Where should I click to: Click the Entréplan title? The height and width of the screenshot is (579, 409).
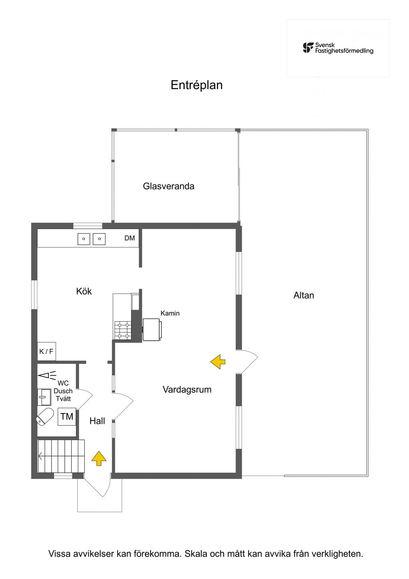[197, 85]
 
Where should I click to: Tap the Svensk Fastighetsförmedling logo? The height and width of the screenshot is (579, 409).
[338, 48]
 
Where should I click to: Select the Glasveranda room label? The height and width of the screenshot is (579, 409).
[169, 186]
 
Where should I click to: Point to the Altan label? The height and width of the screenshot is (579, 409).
[304, 295]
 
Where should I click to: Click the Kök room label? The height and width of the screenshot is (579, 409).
[84, 291]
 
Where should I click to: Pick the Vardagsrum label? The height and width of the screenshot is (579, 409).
[187, 389]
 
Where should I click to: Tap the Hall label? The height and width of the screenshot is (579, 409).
[97, 421]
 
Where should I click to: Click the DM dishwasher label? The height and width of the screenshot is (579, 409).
[130, 238]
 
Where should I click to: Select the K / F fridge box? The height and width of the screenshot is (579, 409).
[46, 351]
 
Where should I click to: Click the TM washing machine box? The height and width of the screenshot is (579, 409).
[67, 416]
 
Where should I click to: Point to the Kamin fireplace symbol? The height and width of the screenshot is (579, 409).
[152, 329]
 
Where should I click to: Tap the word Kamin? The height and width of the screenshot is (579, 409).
[170, 313]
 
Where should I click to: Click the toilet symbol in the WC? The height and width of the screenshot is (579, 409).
[45, 417]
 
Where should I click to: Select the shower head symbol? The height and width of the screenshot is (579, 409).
[47, 375]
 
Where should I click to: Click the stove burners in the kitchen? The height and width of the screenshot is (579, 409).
[123, 330]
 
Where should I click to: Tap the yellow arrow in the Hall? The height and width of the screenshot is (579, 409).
[99, 458]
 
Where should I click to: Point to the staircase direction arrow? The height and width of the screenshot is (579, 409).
[40, 457]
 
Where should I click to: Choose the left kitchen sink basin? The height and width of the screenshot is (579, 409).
[83, 239]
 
